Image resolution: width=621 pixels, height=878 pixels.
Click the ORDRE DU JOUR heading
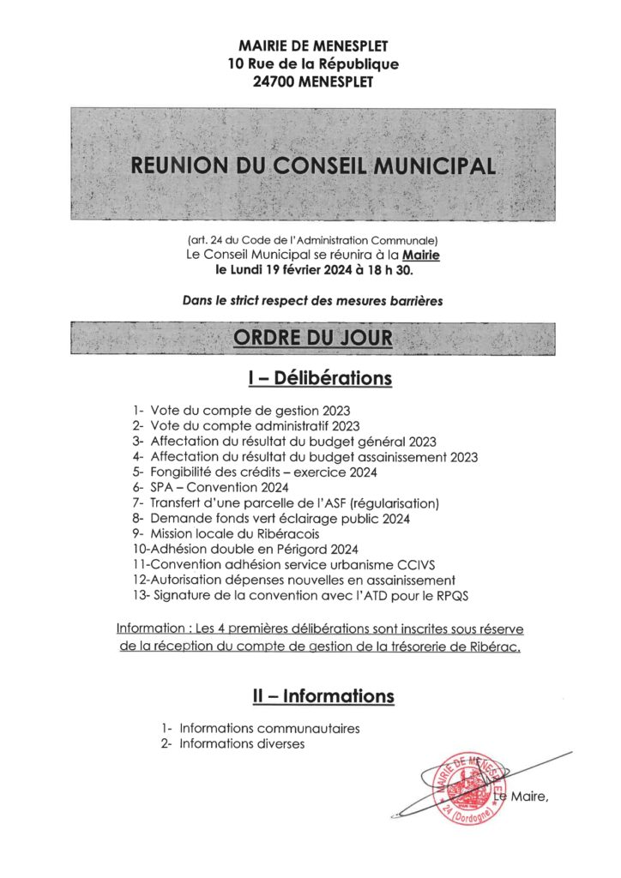point(312,338)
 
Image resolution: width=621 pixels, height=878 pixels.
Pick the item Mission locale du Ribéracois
point(229,533)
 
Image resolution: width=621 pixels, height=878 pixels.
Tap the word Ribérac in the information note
point(501,646)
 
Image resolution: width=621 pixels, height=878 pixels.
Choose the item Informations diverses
point(242,744)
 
